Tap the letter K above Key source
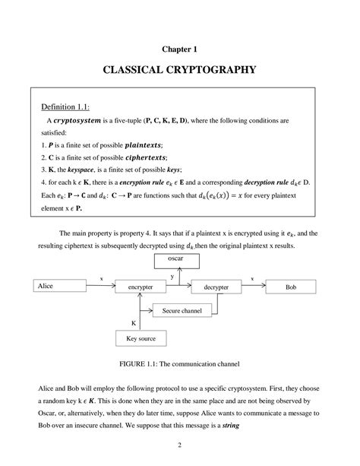[134, 322]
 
